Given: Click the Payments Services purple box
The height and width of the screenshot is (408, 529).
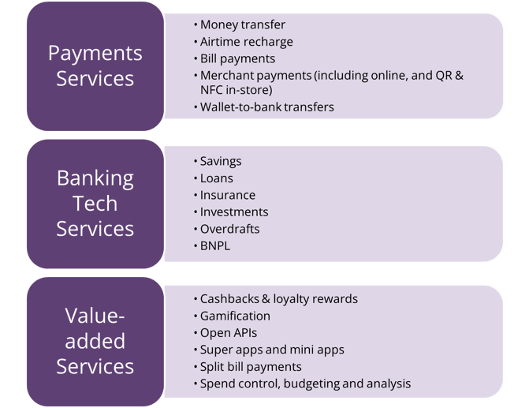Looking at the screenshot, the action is coord(95,66).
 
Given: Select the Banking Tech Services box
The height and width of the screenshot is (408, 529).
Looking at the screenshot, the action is coord(95,204).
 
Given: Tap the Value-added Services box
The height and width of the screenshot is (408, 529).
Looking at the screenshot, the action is coord(95,342).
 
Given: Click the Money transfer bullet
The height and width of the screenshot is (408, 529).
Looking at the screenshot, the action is coord(243,24).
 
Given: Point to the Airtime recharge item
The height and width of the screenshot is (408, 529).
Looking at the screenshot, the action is coord(247,42).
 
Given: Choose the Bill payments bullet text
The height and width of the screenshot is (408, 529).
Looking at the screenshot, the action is coord(237,58).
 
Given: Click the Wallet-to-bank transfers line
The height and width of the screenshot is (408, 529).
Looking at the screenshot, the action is coord(266,107).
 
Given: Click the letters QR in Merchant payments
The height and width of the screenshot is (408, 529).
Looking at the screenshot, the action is coord(444,75).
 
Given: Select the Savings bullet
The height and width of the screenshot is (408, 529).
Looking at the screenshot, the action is coord(221,162).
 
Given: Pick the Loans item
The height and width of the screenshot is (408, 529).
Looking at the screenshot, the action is coord(217,178).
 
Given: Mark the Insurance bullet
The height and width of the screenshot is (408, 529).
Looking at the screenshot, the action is coord(228,195).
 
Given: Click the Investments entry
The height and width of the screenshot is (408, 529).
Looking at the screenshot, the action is coord(234,212).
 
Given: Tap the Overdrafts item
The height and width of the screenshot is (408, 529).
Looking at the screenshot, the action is coord(229,229).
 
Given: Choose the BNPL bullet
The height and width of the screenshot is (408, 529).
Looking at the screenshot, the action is coord(215,246).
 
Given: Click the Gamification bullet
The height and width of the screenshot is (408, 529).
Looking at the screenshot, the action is coord(235,316).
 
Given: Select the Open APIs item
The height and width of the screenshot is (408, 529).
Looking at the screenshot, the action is coord(229,333).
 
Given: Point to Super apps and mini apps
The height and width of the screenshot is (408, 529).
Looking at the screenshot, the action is coord(272,350).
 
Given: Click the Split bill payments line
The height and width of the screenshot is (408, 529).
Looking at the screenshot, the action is coord(251,367).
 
